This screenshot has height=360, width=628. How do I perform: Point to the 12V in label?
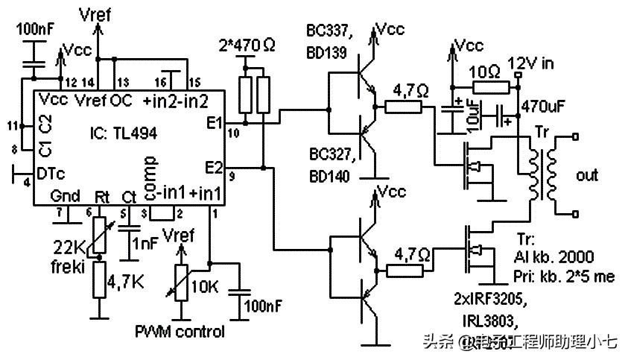[530, 63]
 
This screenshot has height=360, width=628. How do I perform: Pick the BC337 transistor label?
[327, 31]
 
